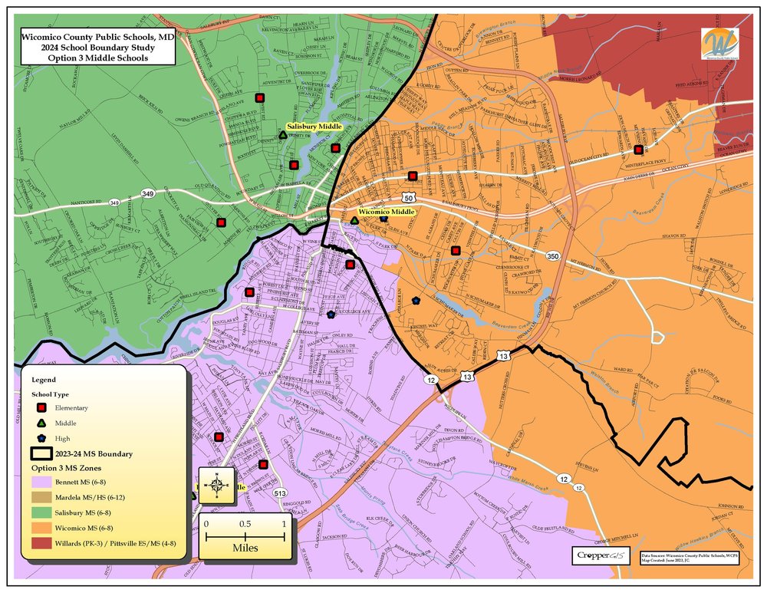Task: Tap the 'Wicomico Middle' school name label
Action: tap(387, 211)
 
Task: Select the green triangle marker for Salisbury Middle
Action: tap(283, 135)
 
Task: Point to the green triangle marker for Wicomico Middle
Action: tap(354, 220)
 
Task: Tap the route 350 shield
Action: tap(553, 255)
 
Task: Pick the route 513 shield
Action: tap(280, 495)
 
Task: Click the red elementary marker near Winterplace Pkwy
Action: tap(638, 150)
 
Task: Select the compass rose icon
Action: tap(217, 485)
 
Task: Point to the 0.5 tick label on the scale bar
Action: tap(245, 523)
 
